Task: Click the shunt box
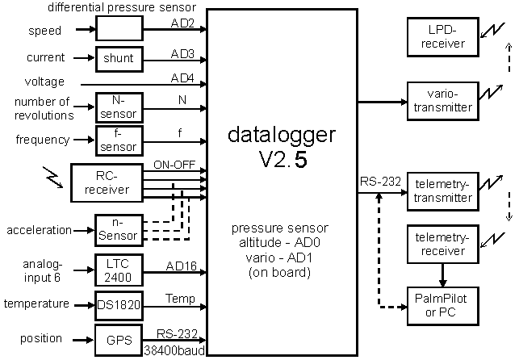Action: (x=119, y=58)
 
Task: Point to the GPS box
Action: (x=119, y=339)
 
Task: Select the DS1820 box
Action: (x=119, y=305)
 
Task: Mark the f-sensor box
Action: (x=119, y=140)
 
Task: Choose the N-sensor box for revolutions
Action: (x=119, y=107)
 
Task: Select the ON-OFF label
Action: (x=174, y=165)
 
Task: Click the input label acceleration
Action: (x=40, y=230)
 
